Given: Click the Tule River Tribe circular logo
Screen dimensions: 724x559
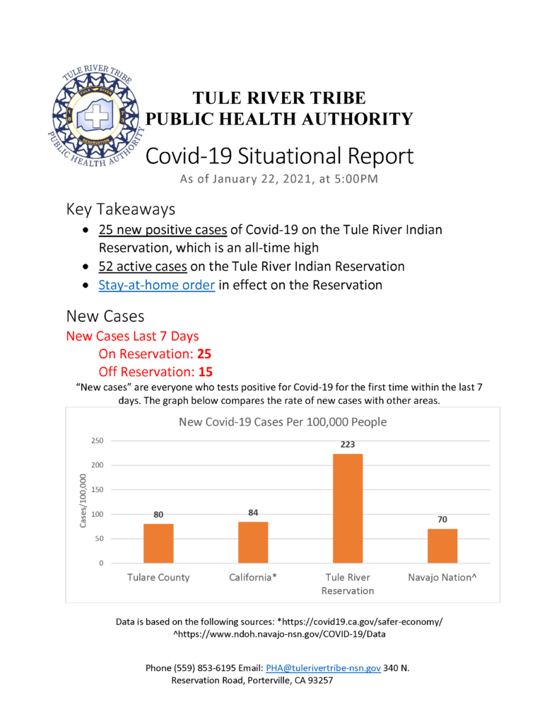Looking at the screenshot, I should coord(98,118).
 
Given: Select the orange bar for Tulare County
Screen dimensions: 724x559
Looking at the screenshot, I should coord(158,543).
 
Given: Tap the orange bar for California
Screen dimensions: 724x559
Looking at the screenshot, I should coord(253,542).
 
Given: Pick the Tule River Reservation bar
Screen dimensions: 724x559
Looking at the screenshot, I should coord(348,508).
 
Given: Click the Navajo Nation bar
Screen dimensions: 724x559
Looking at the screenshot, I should coord(442,546).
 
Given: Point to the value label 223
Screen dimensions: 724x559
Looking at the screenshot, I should coord(348,445).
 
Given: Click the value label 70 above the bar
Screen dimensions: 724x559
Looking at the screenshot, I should coord(442,520).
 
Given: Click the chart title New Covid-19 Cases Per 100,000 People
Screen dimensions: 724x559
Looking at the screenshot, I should coord(283,422).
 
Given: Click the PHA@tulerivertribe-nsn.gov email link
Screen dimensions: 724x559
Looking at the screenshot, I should coord(323,667).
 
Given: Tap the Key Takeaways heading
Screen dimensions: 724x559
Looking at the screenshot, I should coord(121,209).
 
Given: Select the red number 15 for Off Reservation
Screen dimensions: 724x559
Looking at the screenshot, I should coord(206,371).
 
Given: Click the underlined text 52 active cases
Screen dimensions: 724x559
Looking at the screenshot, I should coord(143,267).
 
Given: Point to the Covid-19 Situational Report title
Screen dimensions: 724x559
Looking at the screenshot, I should coord(279,155).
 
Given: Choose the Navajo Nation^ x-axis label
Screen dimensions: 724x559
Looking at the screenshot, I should coord(442,578).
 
